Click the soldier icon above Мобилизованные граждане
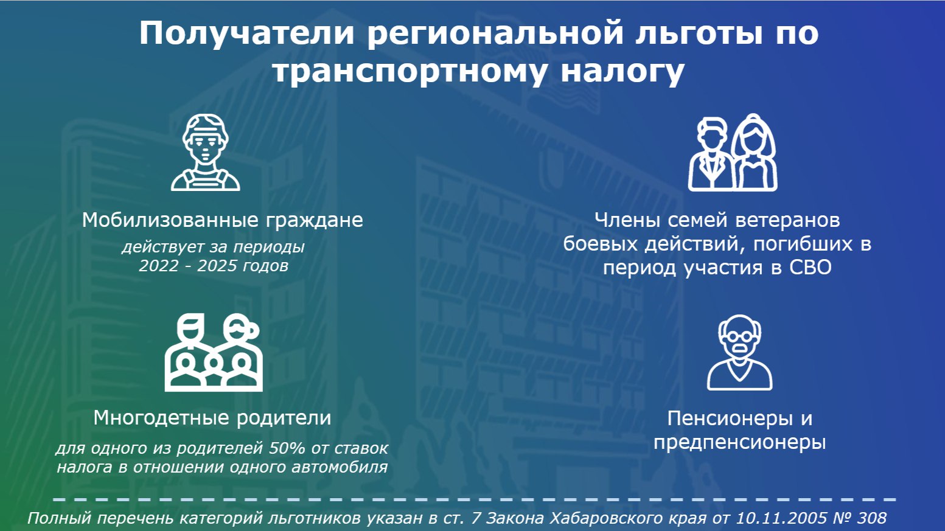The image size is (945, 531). pyautogui.click(x=206, y=152)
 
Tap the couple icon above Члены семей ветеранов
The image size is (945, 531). pyautogui.click(x=733, y=152)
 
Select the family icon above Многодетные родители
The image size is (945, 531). pyautogui.click(x=214, y=352)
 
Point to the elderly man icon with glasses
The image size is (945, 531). pyautogui.click(x=739, y=352)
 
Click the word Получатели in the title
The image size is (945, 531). pyautogui.click(x=247, y=33)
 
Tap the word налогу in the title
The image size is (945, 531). pyautogui.click(x=622, y=72)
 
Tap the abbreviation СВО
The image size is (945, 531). pyautogui.click(x=811, y=268)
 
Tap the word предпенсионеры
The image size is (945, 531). pyautogui.click(x=739, y=443)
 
